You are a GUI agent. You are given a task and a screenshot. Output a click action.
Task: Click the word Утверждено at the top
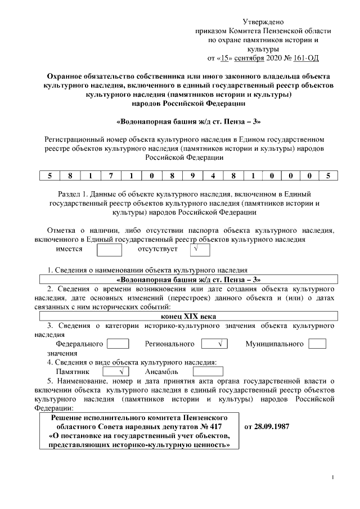[263, 21]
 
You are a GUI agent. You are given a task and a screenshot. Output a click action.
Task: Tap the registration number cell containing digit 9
[192, 175]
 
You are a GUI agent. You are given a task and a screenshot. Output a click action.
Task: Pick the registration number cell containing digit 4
[213, 175]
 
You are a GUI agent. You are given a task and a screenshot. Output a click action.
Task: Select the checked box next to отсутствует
[197, 250]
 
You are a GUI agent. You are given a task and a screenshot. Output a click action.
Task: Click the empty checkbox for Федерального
[118, 344]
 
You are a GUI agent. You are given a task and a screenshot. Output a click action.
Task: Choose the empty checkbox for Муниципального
[317, 344]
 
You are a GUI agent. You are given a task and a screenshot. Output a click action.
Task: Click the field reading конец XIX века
[188, 316]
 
